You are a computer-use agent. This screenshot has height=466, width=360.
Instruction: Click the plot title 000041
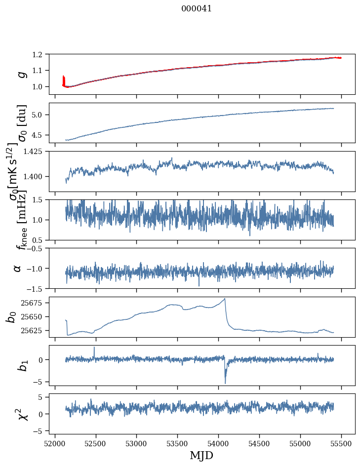pyautogui.click(x=197, y=8)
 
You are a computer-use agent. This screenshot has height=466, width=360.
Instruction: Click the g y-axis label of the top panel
pyautogui.click(x=21, y=74)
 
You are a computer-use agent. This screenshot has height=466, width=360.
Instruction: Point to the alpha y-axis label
pyautogui.click(x=18, y=268)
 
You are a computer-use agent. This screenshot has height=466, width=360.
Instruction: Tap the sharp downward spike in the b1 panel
pyautogui.click(x=225, y=382)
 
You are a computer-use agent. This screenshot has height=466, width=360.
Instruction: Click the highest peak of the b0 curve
pyautogui.click(x=225, y=299)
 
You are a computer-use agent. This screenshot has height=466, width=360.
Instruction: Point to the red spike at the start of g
pyautogui.click(x=64, y=79)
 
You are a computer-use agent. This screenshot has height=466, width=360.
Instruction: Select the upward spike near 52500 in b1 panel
pyautogui.click(x=94, y=348)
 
